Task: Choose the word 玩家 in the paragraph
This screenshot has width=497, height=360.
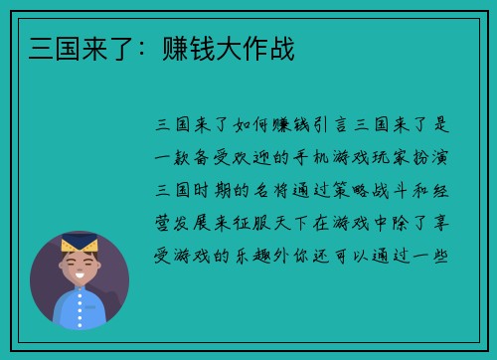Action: [384, 157]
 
